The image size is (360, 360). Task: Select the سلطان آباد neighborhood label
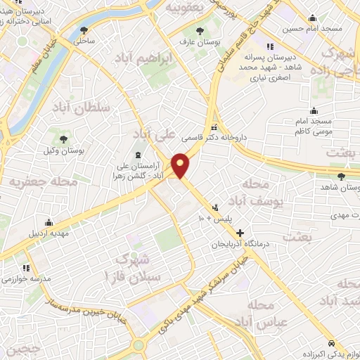(x=82, y=108)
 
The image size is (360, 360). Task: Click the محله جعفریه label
(x=44, y=181)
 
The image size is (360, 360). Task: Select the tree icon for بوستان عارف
(x=200, y=31)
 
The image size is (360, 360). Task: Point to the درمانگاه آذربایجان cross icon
(x=240, y=233)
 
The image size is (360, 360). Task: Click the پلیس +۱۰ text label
(x=199, y=219)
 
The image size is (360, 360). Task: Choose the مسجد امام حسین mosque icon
(x=311, y=19)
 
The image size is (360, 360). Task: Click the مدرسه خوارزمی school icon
(x=26, y=268)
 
